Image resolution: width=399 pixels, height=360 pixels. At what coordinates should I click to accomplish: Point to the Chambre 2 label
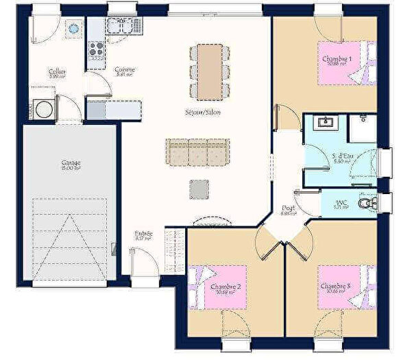225,287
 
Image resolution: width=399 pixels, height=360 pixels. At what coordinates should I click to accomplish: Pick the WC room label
341,202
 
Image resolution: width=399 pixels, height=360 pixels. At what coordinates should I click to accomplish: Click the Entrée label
143,235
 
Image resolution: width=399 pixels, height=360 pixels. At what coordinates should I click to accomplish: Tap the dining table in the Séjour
209,71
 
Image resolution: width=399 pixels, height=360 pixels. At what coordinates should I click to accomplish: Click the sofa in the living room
197,151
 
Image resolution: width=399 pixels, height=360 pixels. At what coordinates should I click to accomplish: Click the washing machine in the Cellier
44,110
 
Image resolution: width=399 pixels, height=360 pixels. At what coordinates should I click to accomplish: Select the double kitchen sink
121,26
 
